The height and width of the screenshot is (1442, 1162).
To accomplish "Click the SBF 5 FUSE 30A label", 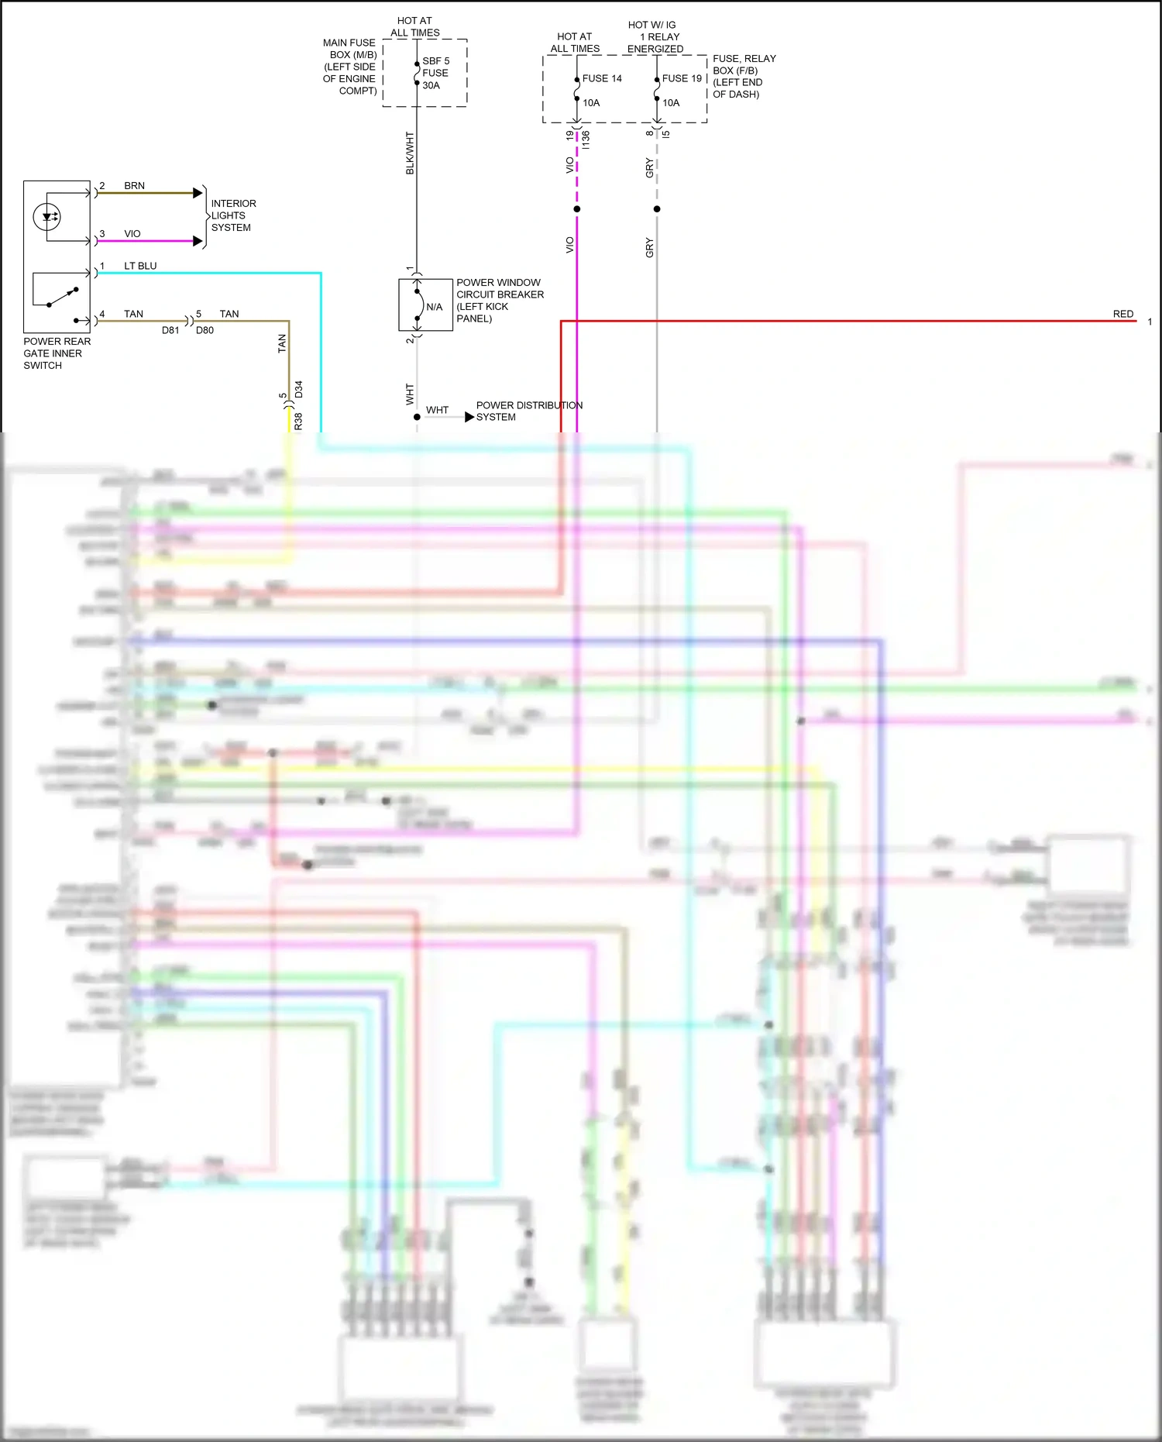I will pos(435,73).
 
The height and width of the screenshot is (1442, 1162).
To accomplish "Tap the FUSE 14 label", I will pos(602,78).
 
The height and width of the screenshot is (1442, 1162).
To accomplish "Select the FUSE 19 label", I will pos(682,78).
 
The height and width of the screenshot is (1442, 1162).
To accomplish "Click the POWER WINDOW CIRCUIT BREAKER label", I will pos(499,300).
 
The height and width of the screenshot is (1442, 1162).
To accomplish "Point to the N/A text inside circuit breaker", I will pos(434,307).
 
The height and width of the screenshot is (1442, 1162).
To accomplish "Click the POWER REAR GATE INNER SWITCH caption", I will pos(56,353).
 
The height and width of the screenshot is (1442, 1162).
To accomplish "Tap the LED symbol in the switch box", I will pos(48,217).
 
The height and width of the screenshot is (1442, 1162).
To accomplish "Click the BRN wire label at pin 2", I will pos(134,186).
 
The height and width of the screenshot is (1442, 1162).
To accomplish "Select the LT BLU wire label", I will pos(140,266).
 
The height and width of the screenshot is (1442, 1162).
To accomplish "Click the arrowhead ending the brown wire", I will pos(198,193).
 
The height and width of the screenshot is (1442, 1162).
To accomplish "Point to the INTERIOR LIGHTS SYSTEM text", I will pos(232,215).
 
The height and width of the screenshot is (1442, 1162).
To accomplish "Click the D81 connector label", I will pos(170,330).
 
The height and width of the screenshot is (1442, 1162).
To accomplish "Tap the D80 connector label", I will pos(205,330).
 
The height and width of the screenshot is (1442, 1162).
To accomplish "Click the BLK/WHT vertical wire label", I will pos(410,153).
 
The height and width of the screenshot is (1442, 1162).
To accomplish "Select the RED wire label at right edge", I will pos(1122,314).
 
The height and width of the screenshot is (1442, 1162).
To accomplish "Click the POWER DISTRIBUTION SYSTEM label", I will pos(528,411).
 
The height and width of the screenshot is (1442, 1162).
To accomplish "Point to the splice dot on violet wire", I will pos(577,209).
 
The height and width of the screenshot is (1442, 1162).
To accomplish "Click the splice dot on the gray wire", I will pos(657,209).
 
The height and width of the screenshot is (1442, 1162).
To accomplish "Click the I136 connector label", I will pos(586,139).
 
